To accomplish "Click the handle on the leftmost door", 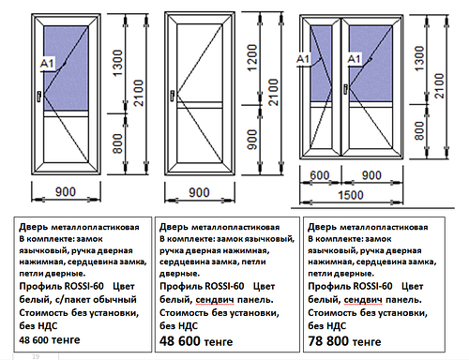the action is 38,97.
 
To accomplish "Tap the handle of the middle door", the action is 173,96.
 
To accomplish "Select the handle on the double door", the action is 345,89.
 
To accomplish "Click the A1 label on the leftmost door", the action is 48,64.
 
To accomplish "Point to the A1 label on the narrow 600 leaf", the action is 303,59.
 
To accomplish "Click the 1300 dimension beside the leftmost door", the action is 117,63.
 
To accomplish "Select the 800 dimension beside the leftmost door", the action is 117,143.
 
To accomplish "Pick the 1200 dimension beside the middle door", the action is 251,58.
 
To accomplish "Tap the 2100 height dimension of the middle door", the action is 273,92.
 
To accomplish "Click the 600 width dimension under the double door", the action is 320,175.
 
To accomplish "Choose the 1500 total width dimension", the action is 351,195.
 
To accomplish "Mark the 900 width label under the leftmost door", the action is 66,191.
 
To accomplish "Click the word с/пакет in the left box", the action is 72,300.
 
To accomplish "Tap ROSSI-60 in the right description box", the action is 373,286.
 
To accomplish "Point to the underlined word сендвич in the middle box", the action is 215,300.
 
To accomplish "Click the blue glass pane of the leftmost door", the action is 66,68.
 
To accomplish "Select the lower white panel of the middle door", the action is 200,135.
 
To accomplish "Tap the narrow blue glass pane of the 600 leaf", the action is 321,64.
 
